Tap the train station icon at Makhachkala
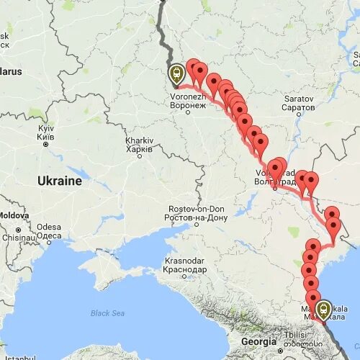(x=324, y=310)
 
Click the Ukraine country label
(x=60, y=181)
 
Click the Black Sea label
(x=107, y=313)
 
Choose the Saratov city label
(x=298, y=102)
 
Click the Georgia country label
(x=259, y=341)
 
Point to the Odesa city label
(x=49, y=232)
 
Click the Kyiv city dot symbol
(x=45, y=144)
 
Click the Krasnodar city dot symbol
(x=184, y=275)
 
